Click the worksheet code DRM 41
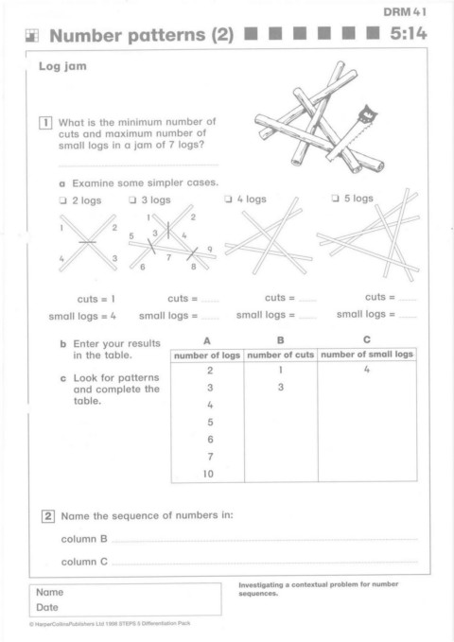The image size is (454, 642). click(x=405, y=12)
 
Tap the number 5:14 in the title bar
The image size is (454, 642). click(x=408, y=34)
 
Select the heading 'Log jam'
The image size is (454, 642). click(x=62, y=66)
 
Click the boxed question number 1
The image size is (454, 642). click(x=45, y=123)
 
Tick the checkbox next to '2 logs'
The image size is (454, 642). click(x=62, y=200)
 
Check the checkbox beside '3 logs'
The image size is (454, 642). click(x=132, y=200)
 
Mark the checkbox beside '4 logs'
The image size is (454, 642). click(x=228, y=199)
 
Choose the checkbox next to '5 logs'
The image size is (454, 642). click(x=335, y=199)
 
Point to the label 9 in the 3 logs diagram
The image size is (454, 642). click(x=210, y=250)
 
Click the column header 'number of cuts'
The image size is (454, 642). click(x=281, y=355)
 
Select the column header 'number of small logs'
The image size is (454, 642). click(x=367, y=355)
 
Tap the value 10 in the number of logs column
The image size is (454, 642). click(x=208, y=474)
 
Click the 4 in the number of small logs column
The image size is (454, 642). click(x=367, y=370)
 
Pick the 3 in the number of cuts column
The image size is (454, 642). click(x=281, y=388)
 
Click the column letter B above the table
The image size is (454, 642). click(x=281, y=340)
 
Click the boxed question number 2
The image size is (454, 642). click(x=48, y=516)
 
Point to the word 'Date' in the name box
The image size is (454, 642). click(x=47, y=607)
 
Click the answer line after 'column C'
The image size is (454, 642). click(x=265, y=564)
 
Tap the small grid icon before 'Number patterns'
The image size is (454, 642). click(x=32, y=36)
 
